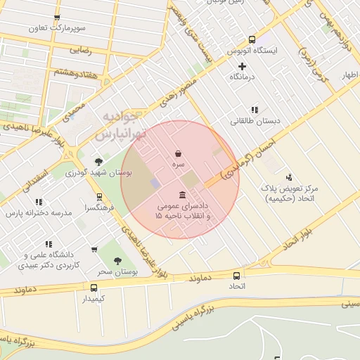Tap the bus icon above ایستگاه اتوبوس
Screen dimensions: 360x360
click(252, 40)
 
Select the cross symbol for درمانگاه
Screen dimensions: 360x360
click(243, 66)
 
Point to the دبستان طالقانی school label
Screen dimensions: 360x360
click(255, 121)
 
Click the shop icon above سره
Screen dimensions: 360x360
click(179, 153)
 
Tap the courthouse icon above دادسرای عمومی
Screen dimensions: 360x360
click(183, 195)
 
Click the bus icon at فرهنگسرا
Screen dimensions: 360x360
click(99, 197)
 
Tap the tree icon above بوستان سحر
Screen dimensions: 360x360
click(117, 260)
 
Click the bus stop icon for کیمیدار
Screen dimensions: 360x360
click(94, 288)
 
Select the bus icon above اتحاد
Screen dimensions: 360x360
click(236, 276)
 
